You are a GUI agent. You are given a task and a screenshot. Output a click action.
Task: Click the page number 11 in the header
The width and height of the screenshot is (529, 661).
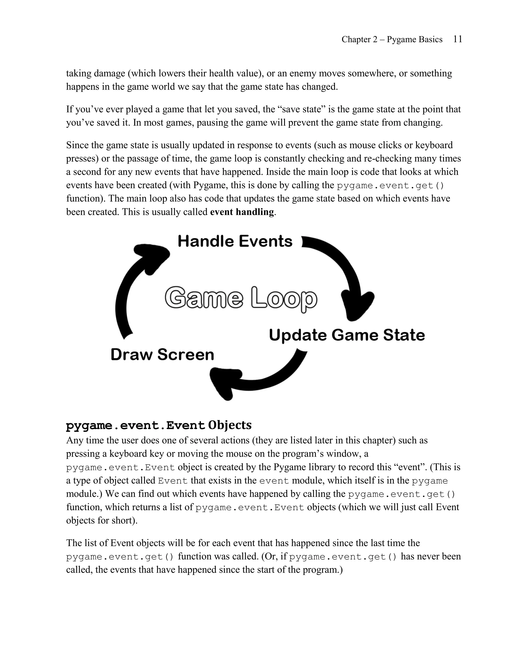click(457, 39)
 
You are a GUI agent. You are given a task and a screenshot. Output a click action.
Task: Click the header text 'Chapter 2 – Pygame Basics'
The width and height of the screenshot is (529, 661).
click(392, 40)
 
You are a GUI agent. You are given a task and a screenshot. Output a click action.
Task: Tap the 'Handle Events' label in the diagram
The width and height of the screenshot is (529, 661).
click(235, 241)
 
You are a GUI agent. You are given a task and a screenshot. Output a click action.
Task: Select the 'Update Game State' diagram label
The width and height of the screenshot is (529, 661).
click(347, 335)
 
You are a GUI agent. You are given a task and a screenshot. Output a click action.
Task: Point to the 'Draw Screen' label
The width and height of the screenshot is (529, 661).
click(162, 355)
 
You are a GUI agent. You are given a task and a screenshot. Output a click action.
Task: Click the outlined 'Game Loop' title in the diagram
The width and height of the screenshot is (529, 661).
click(241, 299)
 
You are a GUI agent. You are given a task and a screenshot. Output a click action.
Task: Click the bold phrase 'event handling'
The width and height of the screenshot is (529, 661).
click(242, 212)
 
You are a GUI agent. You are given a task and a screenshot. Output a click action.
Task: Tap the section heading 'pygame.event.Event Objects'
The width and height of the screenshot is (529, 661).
click(159, 425)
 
